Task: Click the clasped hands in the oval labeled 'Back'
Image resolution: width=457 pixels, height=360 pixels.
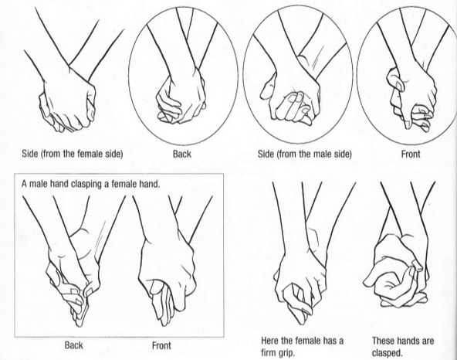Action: tap(183, 97)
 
